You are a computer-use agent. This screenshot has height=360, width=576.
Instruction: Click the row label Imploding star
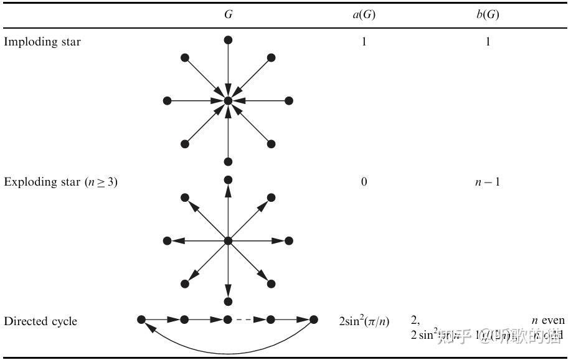click(42, 42)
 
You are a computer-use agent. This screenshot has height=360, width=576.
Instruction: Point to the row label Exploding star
click(60, 182)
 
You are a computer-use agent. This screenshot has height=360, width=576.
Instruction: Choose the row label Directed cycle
click(40, 321)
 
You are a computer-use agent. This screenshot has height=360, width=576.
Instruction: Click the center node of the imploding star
click(228, 100)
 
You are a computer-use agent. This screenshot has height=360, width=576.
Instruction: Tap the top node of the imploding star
click(228, 40)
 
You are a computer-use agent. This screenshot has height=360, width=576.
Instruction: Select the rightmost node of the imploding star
click(289, 100)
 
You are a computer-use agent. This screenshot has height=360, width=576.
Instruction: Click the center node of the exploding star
click(228, 240)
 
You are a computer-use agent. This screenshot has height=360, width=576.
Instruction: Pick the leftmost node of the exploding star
click(167, 240)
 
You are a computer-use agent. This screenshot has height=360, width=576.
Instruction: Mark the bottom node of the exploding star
click(228, 301)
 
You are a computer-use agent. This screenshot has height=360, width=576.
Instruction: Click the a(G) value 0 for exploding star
click(364, 182)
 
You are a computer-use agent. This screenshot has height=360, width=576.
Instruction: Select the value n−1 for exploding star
click(488, 182)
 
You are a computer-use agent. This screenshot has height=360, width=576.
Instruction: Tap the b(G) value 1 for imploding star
click(488, 42)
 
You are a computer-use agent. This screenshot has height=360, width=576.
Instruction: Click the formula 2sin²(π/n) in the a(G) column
click(364, 321)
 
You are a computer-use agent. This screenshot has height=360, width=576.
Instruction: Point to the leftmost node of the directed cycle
click(141, 320)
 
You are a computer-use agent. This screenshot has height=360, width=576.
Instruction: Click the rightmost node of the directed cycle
click(314, 320)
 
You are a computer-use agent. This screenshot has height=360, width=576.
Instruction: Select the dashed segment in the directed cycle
click(248, 320)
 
